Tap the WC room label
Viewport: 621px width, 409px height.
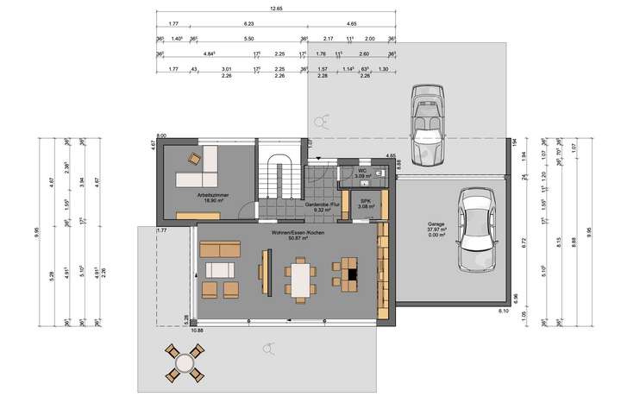363,171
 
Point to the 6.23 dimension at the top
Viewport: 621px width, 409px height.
248,23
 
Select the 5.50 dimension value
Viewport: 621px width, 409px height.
248,39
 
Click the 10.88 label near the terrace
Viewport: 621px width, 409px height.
197,330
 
